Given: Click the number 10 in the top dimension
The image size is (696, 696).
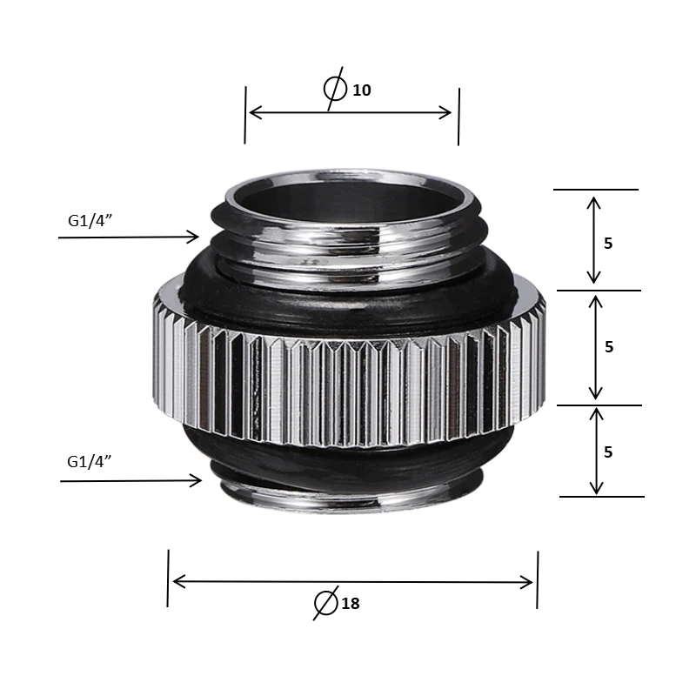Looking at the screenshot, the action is [x=361, y=90].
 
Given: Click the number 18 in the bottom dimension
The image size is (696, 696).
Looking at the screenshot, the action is [x=351, y=604].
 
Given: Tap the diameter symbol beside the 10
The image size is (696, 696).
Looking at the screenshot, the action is [x=335, y=89].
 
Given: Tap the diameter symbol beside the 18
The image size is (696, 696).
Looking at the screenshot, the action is [x=325, y=603].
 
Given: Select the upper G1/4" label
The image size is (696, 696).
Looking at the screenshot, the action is [x=90, y=220].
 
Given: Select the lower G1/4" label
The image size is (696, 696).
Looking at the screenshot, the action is [x=90, y=462].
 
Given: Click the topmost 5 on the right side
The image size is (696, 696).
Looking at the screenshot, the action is [x=608, y=244].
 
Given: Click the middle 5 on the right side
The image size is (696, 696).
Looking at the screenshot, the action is [x=609, y=346].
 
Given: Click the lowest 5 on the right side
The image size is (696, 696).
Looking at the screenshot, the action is [x=608, y=452].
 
